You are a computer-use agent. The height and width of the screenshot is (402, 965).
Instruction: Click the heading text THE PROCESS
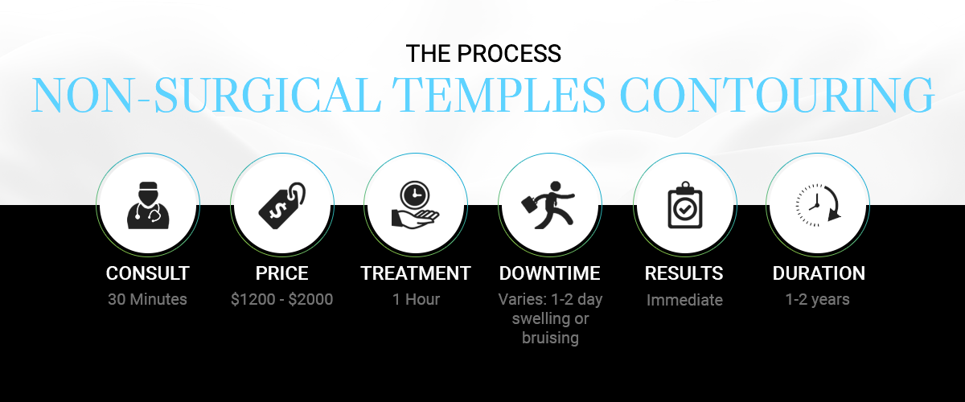pos(483,53)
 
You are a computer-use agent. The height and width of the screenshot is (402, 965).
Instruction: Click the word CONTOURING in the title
pos(777,95)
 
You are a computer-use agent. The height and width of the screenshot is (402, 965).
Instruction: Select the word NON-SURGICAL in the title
pos(206,95)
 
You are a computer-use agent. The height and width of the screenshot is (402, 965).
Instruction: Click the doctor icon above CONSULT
pos(148,205)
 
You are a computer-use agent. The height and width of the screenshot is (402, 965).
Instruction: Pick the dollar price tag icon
pos(282,205)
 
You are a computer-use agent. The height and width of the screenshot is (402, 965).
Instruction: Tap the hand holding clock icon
pos(415,205)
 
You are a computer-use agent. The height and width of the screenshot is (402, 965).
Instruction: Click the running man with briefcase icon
pos(548,205)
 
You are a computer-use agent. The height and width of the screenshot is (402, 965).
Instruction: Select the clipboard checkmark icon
pos(685,205)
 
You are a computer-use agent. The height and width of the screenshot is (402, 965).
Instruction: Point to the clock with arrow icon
pos(818,205)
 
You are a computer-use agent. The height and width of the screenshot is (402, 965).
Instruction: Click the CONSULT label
pos(148,273)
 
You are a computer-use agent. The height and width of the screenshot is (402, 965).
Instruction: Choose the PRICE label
pos(281,273)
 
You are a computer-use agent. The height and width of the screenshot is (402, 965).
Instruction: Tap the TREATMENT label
pos(416,273)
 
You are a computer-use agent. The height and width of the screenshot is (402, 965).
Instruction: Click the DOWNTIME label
pos(550,273)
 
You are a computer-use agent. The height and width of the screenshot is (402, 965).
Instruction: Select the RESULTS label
pos(684,273)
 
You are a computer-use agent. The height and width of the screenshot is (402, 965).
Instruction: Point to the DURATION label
pos(819,273)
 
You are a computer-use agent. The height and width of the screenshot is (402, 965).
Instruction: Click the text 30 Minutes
pos(147,299)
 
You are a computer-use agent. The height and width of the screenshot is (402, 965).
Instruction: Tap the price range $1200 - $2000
pos(281,299)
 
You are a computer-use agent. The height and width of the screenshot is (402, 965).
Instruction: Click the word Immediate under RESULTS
pos(684,300)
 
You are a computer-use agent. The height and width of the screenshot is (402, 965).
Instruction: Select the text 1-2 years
pos(817,299)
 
